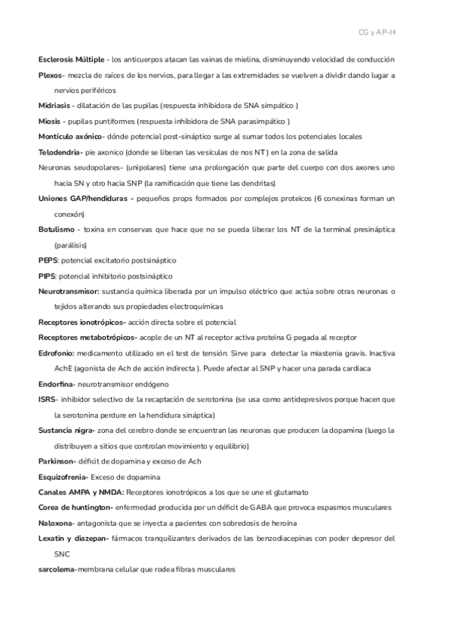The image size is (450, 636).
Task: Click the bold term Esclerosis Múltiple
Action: tap(72, 59)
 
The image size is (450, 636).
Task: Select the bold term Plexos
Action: tap(52, 76)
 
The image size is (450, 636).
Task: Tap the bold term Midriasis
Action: tap(55, 106)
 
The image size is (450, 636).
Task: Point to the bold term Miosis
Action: tap(50, 121)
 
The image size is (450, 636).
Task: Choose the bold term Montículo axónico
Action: tap(70, 136)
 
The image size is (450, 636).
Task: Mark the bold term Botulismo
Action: tap(55, 229)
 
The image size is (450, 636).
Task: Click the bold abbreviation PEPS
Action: tap(47, 260)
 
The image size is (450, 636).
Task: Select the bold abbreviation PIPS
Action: tap(46, 276)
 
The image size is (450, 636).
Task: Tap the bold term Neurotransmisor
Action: tap(68, 291)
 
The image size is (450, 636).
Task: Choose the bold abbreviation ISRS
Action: tap(46, 400)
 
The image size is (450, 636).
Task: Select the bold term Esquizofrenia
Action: tap(63, 477)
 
